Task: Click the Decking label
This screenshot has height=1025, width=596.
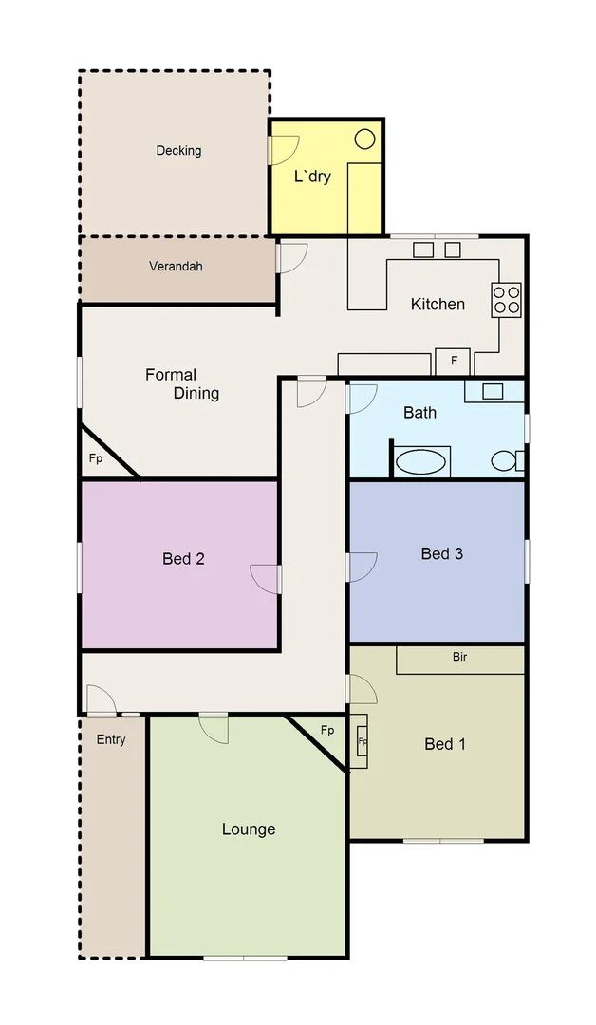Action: click(178, 150)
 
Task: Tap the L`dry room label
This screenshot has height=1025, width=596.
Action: click(312, 176)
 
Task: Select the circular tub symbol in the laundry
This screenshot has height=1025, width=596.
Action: click(364, 139)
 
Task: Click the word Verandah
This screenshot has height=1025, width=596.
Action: click(176, 267)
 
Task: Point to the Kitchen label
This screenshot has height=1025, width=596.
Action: click(438, 304)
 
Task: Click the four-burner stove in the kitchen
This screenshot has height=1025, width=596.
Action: click(506, 300)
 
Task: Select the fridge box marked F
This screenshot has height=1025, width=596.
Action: click(454, 362)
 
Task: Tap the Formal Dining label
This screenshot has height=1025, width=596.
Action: click(182, 384)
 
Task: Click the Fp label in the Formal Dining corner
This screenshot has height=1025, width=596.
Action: click(96, 459)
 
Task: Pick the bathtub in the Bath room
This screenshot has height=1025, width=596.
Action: click(420, 462)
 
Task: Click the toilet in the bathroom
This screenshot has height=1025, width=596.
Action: click(505, 461)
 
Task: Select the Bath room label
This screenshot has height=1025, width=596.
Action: click(419, 412)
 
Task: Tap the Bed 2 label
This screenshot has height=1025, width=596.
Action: click(183, 559)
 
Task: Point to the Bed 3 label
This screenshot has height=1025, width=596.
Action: click(441, 553)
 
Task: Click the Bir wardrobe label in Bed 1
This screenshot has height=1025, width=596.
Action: click(460, 657)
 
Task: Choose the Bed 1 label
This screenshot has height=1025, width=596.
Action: click(444, 744)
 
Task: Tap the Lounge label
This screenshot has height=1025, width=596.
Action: click(249, 829)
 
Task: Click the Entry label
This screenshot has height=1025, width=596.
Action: click(111, 739)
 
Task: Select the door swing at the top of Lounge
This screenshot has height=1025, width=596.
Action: click(214, 728)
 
